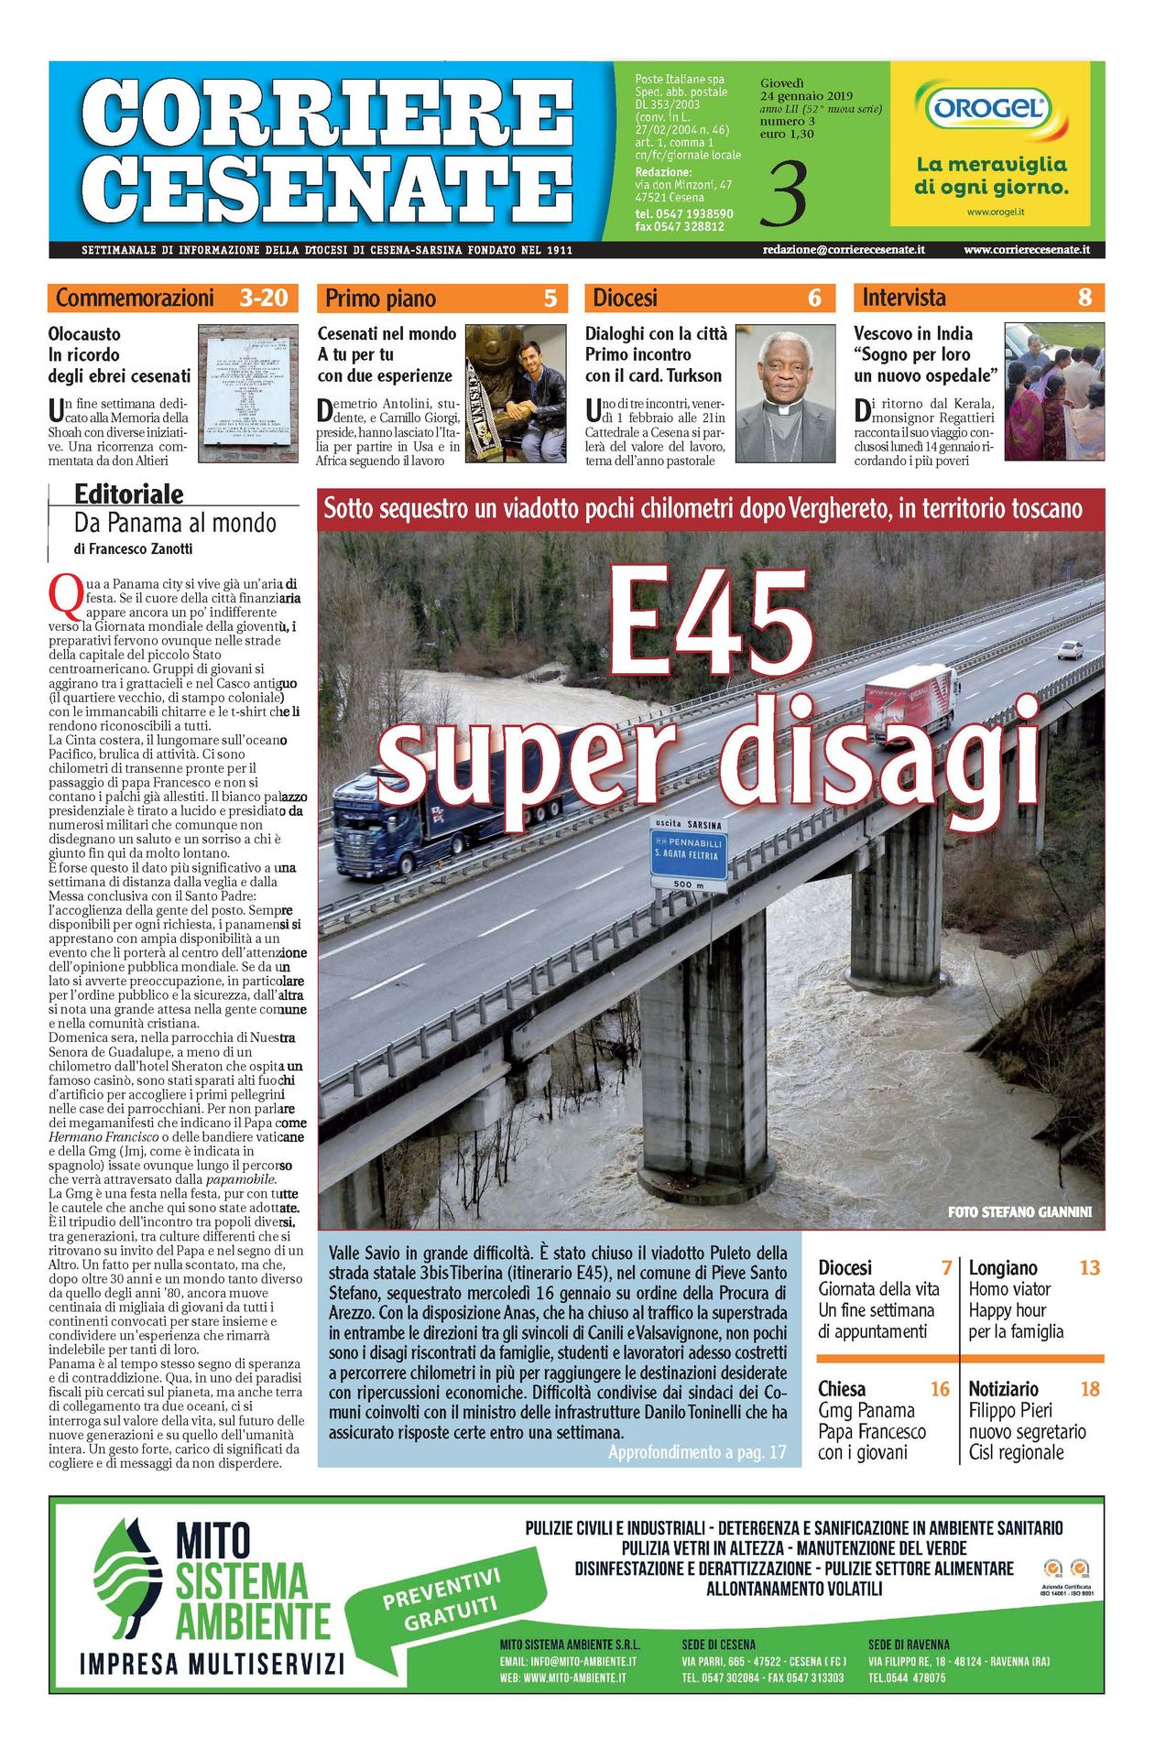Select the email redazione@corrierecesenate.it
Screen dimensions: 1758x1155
click(843, 249)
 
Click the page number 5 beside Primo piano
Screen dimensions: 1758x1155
click(550, 298)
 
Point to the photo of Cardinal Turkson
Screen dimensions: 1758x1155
click(786, 394)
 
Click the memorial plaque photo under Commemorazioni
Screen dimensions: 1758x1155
click(248, 394)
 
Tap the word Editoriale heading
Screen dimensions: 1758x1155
click(128, 494)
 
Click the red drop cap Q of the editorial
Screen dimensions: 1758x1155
click(64, 595)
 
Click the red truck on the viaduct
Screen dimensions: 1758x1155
click(911, 700)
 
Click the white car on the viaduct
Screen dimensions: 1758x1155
click(1069, 650)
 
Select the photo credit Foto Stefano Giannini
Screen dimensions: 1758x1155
click(1019, 1211)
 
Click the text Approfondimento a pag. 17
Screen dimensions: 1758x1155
click(697, 1452)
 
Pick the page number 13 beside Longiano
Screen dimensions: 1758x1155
click(1089, 1268)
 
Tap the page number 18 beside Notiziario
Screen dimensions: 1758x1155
click(1089, 1389)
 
